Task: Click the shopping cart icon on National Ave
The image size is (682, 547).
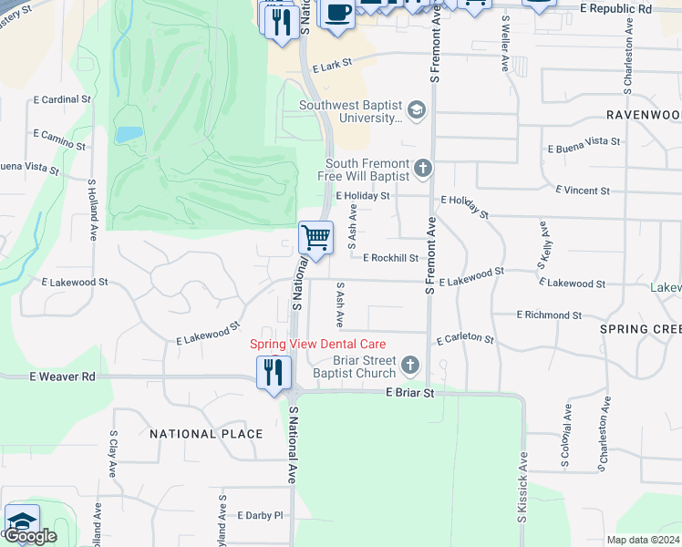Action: [x=315, y=238]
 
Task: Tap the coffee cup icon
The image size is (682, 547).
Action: [x=338, y=13]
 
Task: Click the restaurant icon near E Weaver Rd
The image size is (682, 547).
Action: [x=274, y=372]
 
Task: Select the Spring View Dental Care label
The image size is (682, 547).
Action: [x=318, y=344]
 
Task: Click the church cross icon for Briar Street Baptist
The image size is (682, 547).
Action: [x=410, y=366]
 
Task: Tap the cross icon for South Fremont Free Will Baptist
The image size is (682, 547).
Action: [x=422, y=168]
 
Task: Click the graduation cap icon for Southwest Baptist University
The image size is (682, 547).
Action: [x=417, y=110]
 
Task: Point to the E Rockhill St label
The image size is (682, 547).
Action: [x=390, y=258]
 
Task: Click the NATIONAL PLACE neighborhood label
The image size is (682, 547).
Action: [x=206, y=434]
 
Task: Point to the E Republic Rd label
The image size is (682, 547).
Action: [x=616, y=8]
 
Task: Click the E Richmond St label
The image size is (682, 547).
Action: [x=549, y=315]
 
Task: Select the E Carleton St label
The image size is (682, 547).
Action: [x=465, y=339]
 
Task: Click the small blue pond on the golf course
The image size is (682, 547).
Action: [x=129, y=135]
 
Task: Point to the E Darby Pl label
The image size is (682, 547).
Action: [x=261, y=515]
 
